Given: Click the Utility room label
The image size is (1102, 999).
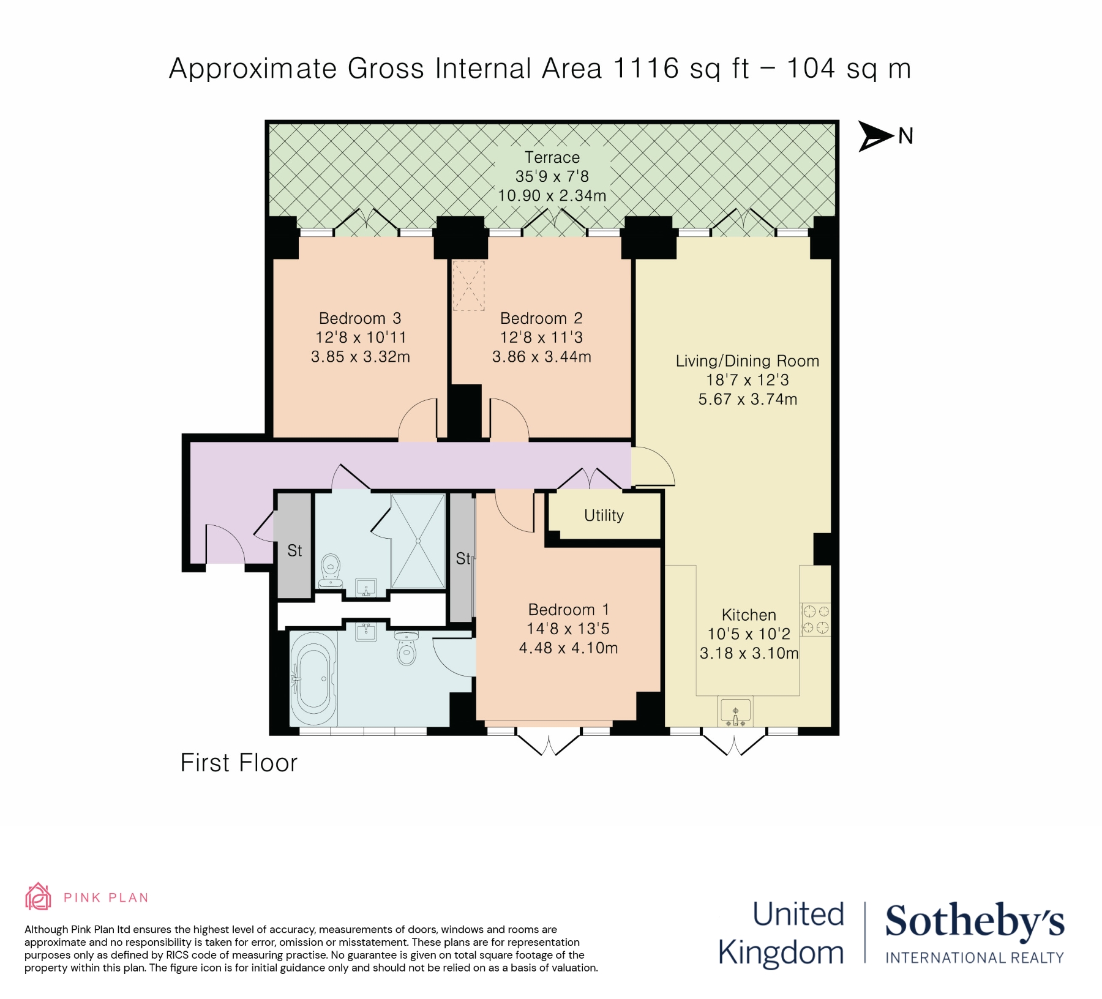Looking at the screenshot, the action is coord(604,515).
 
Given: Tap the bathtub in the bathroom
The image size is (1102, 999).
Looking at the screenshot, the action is coord(313,679).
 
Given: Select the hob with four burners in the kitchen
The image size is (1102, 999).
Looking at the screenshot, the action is coord(815,619).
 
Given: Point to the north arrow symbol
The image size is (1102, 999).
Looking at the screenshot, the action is coord(876,136).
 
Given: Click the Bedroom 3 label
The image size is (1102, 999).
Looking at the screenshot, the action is coord(360,318).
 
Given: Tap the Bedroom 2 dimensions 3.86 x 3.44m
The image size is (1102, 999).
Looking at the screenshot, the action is coord(542,357).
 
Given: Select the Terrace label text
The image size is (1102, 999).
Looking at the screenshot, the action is coord(552,157).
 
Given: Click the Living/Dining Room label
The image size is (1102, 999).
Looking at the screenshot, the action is coord(748,361).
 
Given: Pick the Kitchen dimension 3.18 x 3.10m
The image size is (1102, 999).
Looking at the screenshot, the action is coord(749,653).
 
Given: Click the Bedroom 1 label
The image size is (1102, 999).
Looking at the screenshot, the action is coord(569,610).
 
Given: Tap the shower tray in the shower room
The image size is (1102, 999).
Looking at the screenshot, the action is coord(418,541).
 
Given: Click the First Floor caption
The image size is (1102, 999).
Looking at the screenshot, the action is coord(239,763).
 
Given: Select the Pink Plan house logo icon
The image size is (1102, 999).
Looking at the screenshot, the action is coord(38,897).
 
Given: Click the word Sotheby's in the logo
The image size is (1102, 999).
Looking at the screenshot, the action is coord(975,921).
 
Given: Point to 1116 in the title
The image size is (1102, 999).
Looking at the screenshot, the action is coord(646,68).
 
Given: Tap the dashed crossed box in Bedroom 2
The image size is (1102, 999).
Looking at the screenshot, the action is coord(468,286).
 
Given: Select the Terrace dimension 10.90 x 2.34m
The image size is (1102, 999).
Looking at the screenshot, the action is coord(552,196).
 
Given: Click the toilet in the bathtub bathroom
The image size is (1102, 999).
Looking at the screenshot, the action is coord(407,648).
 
